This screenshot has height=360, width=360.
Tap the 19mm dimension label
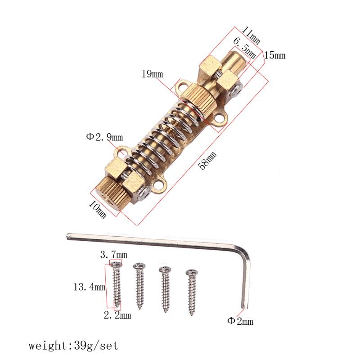click(x=152, y=74)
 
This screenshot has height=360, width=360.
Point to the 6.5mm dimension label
click(x=244, y=48)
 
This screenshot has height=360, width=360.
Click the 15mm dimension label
click(x=274, y=55)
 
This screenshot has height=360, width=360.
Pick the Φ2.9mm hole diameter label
click(x=104, y=136)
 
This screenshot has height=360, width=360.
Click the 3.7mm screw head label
click(x=114, y=255)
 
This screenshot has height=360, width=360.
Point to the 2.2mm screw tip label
click(x=117, y=315)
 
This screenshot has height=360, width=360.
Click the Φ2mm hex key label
click(x=240, y=321)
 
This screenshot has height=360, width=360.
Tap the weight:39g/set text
click(x=73, y=346)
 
